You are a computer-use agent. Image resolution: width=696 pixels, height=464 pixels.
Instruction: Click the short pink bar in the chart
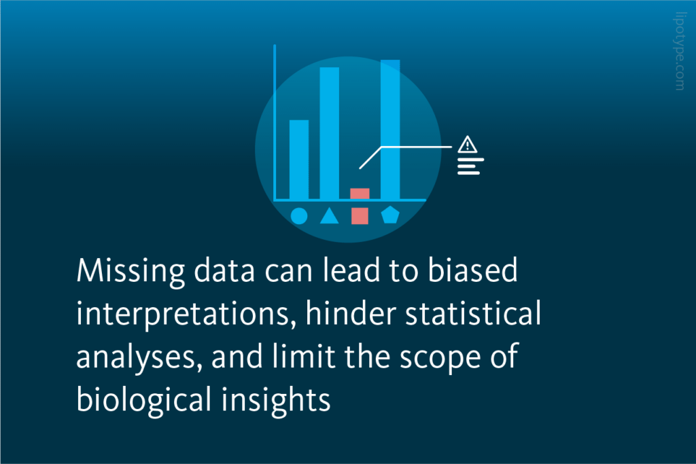coord(360,194)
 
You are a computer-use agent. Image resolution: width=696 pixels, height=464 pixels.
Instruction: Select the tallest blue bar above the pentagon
coord(390,129)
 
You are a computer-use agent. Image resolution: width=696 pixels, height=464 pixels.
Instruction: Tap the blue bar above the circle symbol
coord(299,159)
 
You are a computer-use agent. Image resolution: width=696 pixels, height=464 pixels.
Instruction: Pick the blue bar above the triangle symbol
coord(330,132)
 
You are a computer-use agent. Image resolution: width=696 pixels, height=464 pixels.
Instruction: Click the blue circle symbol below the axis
coord(299,216)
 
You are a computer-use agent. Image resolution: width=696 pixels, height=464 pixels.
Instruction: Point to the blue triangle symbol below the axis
coord(329,216)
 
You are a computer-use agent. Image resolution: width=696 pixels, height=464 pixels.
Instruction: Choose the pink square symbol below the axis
coord(360,216)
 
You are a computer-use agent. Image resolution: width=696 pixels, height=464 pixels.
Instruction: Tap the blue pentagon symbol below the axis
coord(390,216)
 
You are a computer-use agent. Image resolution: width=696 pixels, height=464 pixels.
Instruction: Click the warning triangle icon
coord(468,145)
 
